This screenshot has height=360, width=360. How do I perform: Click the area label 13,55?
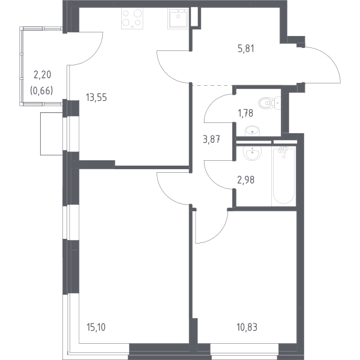[97, 97]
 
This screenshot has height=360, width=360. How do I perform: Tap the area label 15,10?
[96, 327]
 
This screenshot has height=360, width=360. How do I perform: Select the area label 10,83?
[247, 327]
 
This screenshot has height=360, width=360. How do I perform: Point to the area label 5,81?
[246, 49]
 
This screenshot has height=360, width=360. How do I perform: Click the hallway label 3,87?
[212, 139]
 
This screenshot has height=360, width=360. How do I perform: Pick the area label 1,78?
[245, 113]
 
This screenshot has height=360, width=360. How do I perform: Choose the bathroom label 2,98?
[245, 180]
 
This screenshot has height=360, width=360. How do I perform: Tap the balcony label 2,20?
[42, 75]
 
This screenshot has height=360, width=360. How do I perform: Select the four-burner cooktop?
[132, 19]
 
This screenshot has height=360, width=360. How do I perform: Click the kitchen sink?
[178, 19]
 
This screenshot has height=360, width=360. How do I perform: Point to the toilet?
[269, 103]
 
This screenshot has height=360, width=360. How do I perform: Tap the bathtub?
[284, 176]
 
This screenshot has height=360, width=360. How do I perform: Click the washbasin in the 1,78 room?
[253, 131]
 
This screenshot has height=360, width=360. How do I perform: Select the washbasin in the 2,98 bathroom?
[253, 152]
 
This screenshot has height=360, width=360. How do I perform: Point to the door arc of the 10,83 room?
[218, 235]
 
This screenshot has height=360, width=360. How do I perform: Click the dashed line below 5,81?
[212, 85]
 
